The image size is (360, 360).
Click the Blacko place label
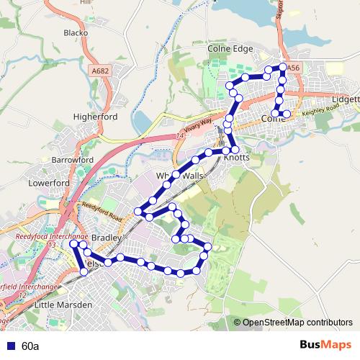coord(76,32)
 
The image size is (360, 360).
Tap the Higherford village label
coord(95,116)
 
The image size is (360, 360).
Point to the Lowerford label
coord(48,183)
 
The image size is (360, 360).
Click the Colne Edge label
coord(230,49)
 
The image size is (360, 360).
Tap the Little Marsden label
coord(63,305)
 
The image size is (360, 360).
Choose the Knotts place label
coord(237,156)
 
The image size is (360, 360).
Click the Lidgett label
coord(346,99)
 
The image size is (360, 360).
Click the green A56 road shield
coord(293,67)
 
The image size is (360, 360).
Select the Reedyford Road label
coord(102,210)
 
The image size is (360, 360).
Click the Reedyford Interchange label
coord(52,236)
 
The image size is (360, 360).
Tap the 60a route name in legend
coord(30,346)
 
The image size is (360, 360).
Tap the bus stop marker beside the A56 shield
coord(283,67)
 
